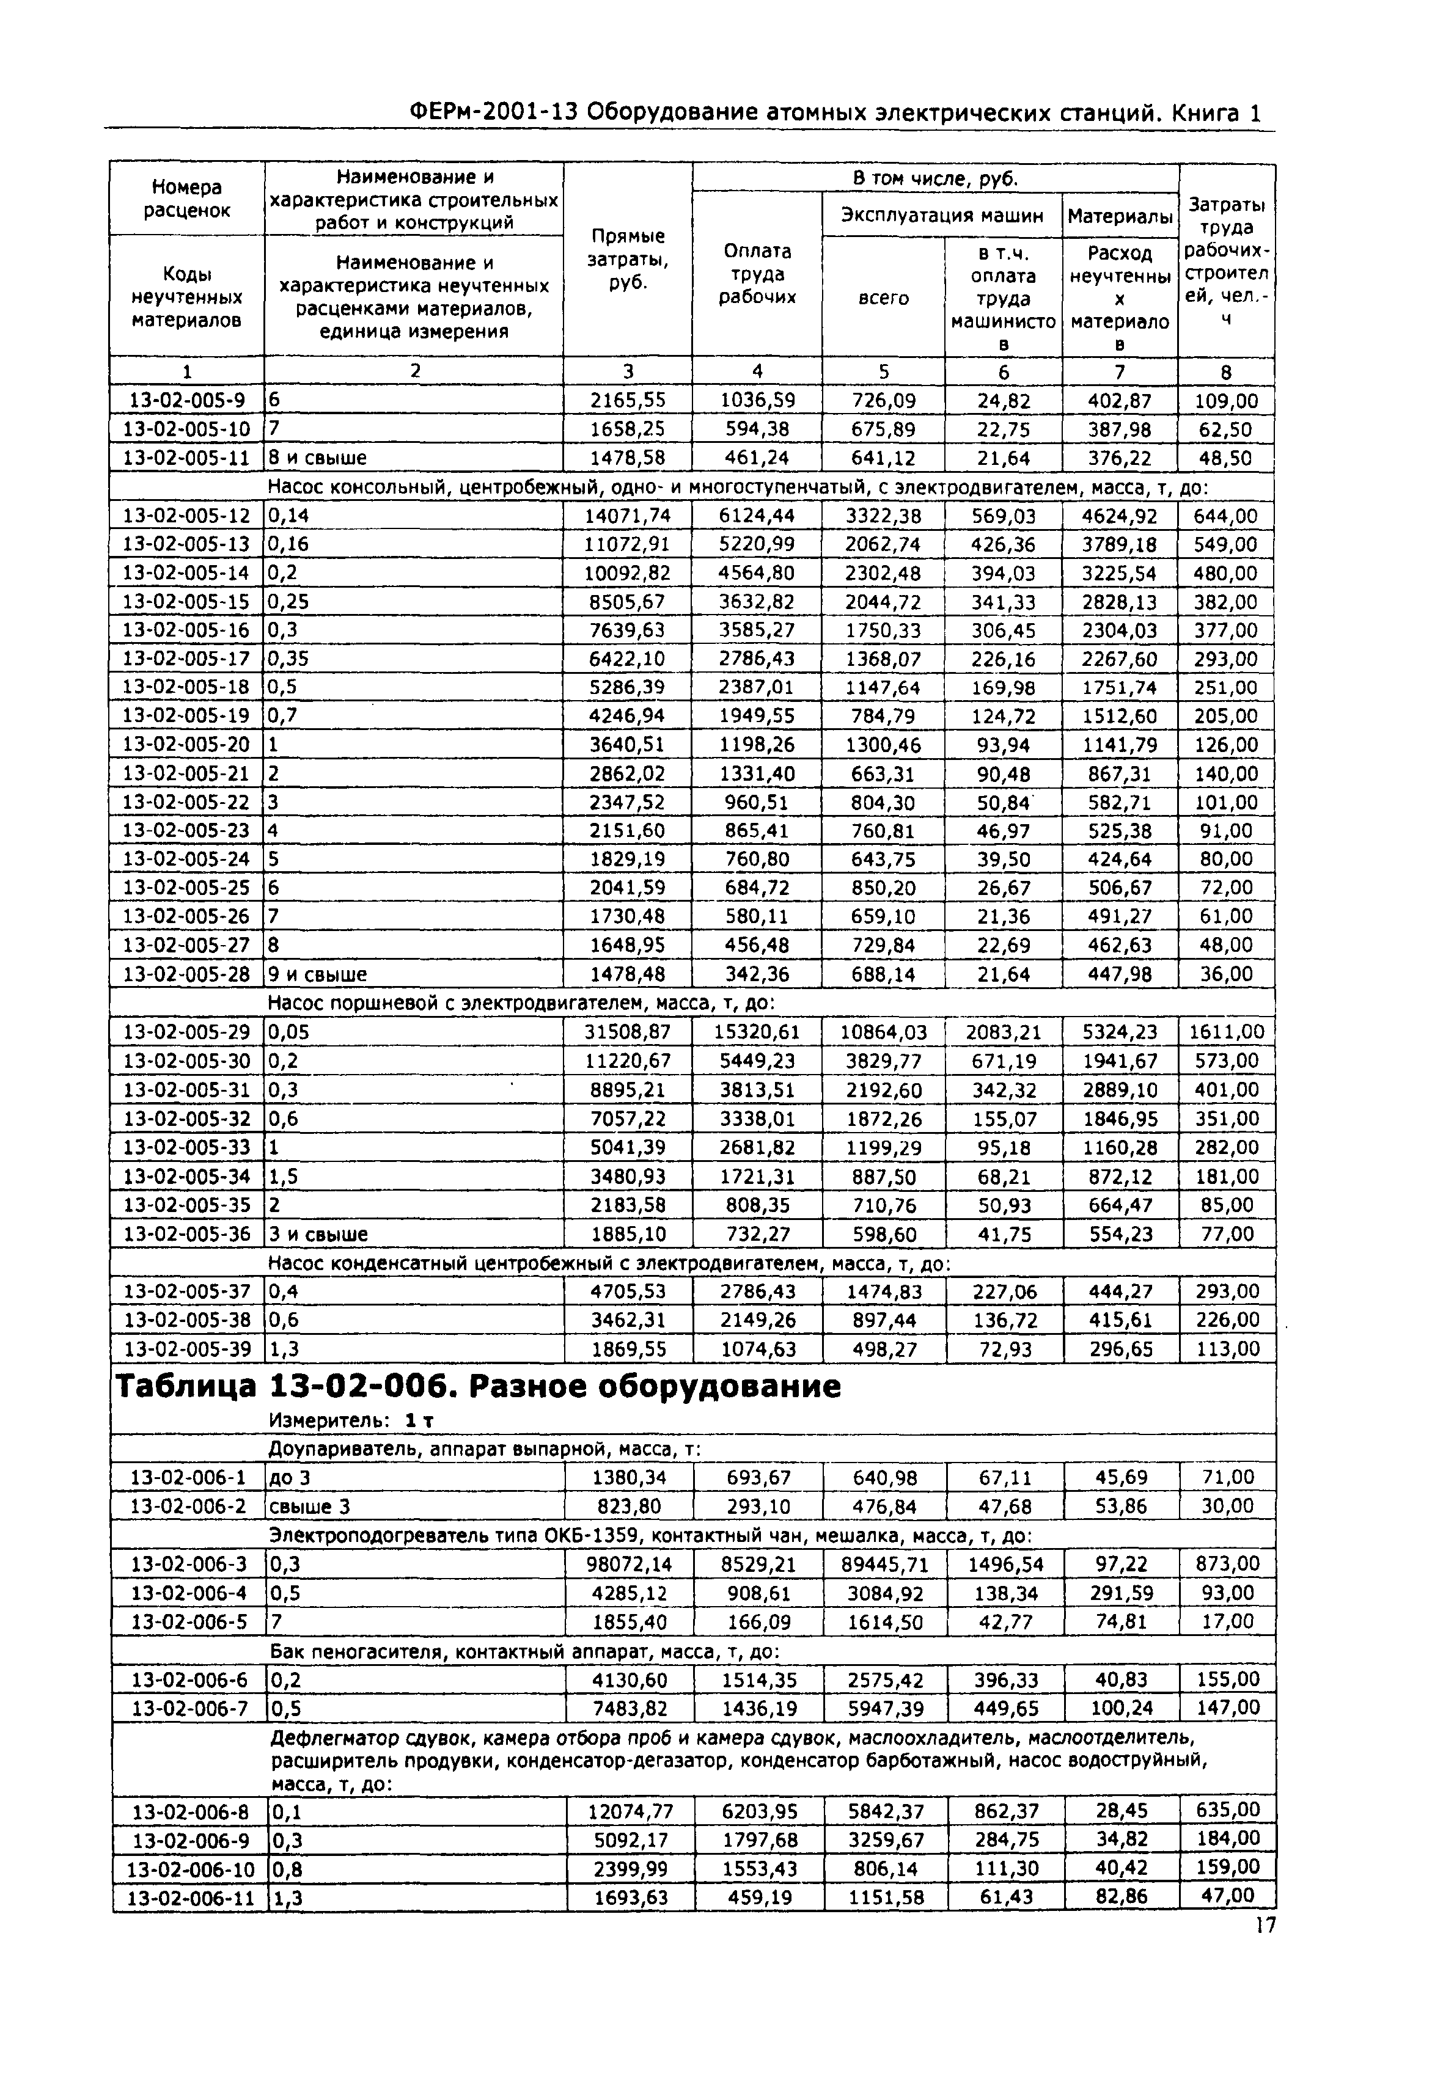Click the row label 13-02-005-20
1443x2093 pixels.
(x=186, y=745)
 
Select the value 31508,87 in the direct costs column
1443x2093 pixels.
(x=628, y=1032)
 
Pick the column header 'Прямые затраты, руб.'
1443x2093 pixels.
(x=628, y=260)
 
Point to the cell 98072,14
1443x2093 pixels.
(x=630, y=1565)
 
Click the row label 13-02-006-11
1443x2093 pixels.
(x=190, y=1897)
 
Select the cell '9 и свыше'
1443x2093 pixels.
(x=318, y=974)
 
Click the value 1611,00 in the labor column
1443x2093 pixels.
(x=1226, y=1032)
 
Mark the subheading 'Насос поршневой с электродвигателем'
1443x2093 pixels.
(x=522, y=1003)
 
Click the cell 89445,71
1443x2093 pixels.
(x=884, y=1565)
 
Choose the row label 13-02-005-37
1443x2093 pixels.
(x=186, y=1291)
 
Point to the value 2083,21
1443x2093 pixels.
(x=1004, y=1032)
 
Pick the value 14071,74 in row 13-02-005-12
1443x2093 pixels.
(x=628, y=516)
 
